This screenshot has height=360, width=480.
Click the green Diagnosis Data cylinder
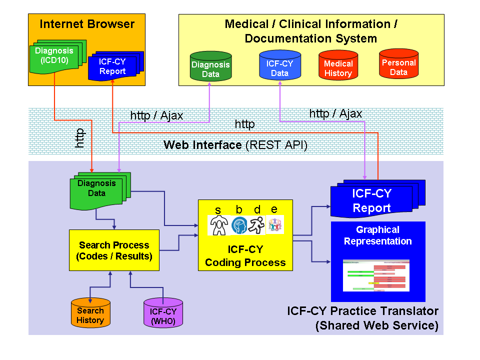pos(210,67)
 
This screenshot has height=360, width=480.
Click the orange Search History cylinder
pos(90,314)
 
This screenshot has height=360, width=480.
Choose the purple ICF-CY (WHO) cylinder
pos(163,315)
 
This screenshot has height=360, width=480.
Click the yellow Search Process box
pos(114,250)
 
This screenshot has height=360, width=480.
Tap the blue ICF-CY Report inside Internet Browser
pos(113,66)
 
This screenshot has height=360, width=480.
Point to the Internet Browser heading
pos(87,24)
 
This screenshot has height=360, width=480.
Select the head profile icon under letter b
pos(239,225)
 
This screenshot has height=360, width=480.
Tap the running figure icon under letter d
pos(257,225)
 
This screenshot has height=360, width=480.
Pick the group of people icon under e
pos(275,225)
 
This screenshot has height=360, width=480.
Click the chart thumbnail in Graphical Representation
pos(376,275)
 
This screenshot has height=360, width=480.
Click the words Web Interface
pos(202,145)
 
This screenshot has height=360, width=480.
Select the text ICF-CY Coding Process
pos(245,256)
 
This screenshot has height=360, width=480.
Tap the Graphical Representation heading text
pos(377,235)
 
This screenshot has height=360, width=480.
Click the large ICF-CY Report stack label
pos(371,200)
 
